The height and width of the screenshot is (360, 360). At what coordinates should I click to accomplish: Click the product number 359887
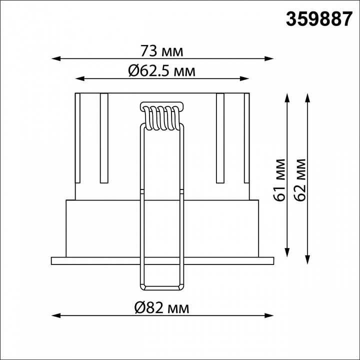pyautogui.click(x=319, y=19)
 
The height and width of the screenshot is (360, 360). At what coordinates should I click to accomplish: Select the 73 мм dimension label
pyautogui.click(x=162, y=51)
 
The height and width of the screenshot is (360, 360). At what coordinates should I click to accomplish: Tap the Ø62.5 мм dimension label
pyautogui.click(x=162, y=70)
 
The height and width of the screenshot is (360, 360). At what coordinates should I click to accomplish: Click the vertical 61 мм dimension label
pyautogui.click(x=280, y=180)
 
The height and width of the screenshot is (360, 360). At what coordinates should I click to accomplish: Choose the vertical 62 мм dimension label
pyautogui.click(x=300, y=180)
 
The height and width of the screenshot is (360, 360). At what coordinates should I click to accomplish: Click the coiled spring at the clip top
pyautogui.click(x=162, y=118)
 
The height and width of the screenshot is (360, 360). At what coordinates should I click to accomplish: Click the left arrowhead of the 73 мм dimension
pyautogui.click(x=56, y=58)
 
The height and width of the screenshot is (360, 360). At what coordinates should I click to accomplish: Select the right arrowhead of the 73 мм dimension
pyautogui.click(x=269, y=58)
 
